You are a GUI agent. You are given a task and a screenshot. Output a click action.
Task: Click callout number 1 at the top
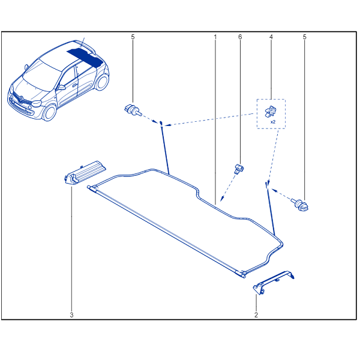pyautogui.click(x=215, y=37)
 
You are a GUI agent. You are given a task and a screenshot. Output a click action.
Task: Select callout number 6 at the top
pyautogui.click(x=240, y=37)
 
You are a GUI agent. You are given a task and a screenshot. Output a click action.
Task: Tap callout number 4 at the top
pyautogui.click(x=271, y=37)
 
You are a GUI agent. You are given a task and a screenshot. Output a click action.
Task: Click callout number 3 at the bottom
pyautogui.click(x=71, y=314)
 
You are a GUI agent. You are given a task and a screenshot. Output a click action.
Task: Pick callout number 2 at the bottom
pyautogui.click(x=256, y=314)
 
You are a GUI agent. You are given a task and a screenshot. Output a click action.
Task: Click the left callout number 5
pyautogui.click(x=133, y=37)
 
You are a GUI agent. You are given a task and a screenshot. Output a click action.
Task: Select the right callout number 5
pyautogui.click(x=305, y=37)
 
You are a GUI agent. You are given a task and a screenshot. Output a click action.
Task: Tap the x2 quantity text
pyautogui.click(x=273, y=122)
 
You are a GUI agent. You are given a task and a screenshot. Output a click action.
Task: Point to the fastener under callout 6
pyautogui.click(x=239, y=167)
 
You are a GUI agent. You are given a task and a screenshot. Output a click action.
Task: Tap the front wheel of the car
pyautogui.click(x=47, y=112)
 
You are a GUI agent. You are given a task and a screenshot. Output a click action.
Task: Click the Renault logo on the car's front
pyautogui.click(x=17, y=95)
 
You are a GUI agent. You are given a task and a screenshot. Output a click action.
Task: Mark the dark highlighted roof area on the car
pyautogui.click(x=84, y=55)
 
